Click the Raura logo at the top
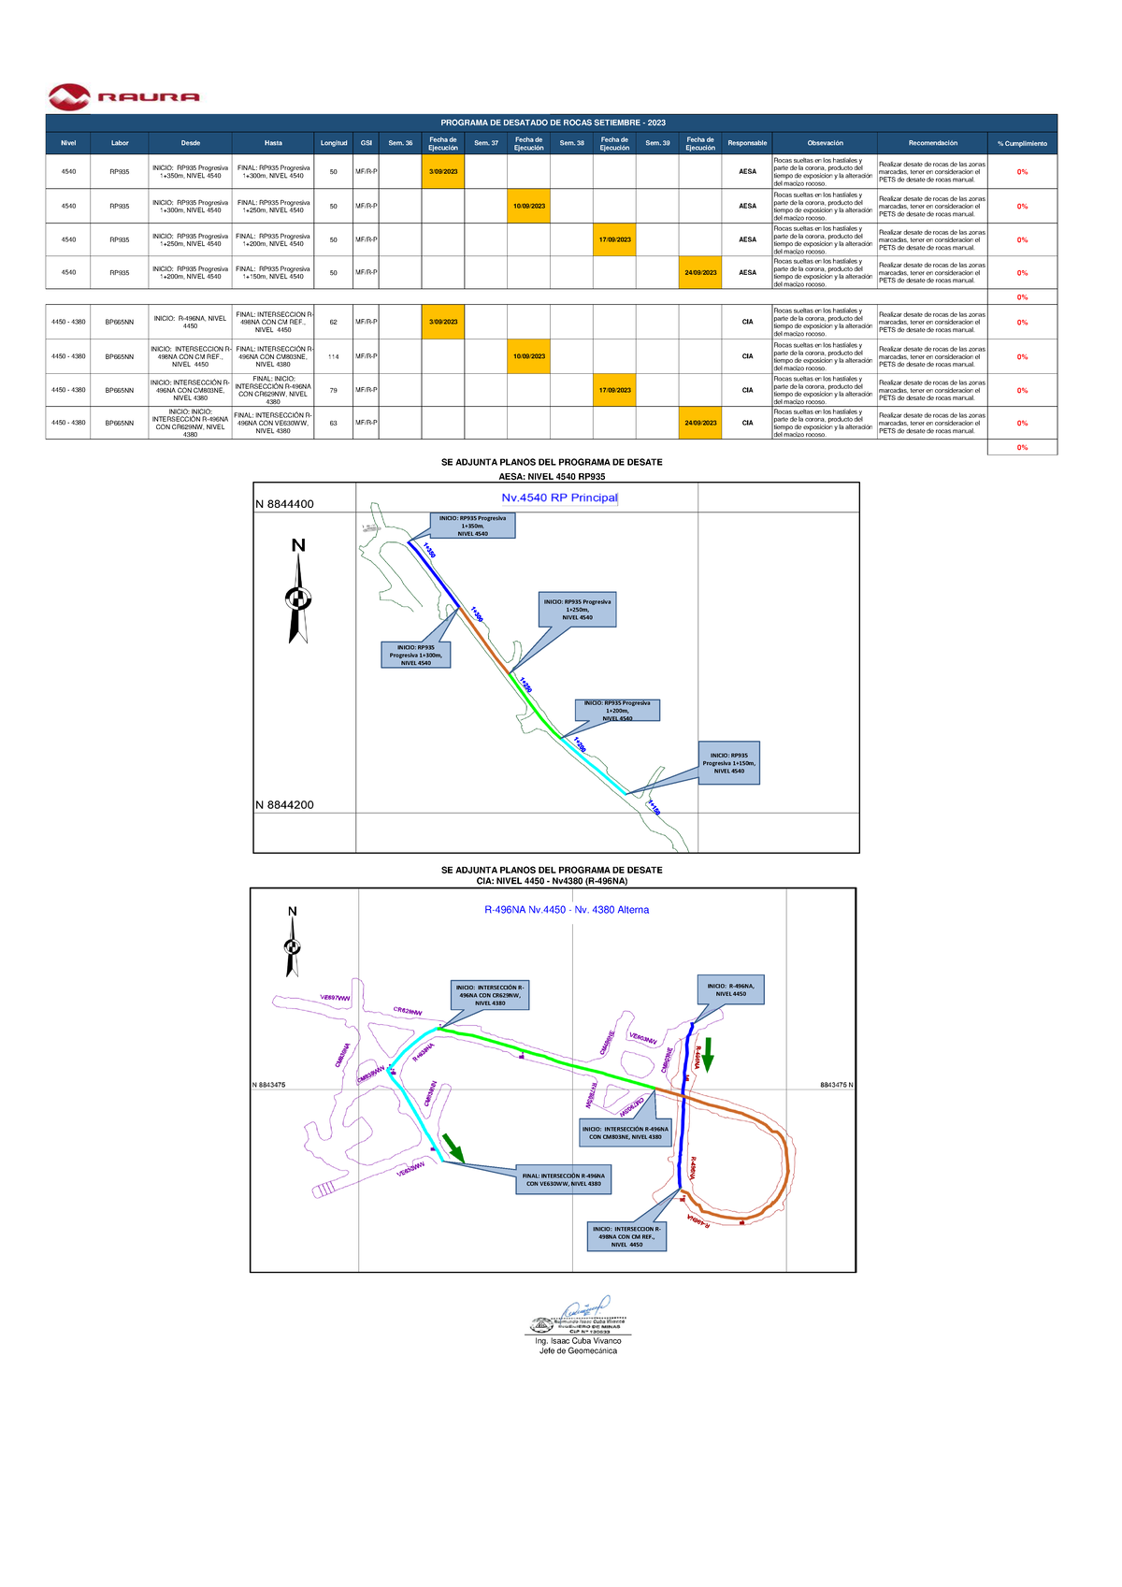coord(123,96)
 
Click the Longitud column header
coord(334,143)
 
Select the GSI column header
coord(367,143)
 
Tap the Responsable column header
coord(747,143)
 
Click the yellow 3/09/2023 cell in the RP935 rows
coord(443,172)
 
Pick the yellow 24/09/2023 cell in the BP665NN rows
coord(700,423)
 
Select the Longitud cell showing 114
coord(334,356)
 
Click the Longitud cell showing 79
coord(334,390)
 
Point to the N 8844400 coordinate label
coord(284,504)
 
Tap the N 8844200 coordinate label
coord(284,805)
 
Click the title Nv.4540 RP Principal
coord(559,498)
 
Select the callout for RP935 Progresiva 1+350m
coord(472,526)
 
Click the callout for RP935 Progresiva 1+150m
coord(729,763)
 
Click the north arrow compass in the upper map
coord(298,591)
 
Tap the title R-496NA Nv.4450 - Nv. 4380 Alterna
coord(566,910)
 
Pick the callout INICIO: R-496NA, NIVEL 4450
coord(731,989)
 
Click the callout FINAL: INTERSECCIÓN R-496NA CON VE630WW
coord(563,1179)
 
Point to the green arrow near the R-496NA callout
coord(708,1053)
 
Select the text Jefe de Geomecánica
coord(578,1350)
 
